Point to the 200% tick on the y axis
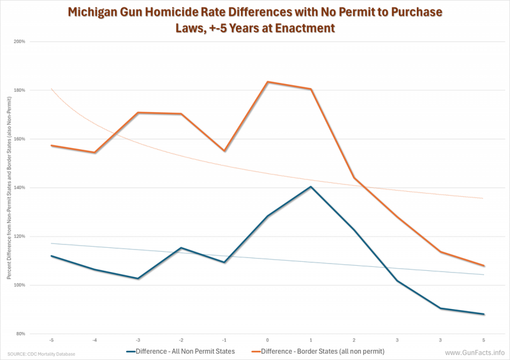pyautogui.click(x=19, y=41)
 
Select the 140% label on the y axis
pyautogui.click(x=19, y=187)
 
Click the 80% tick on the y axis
pyautogui.click(x=20, y=334)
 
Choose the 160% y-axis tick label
pyautogui.click(x=19, y=139)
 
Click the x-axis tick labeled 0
pyautogui.click(x=267, y=340)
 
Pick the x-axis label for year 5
pyautogui.click(x=484, y=340)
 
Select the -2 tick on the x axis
pyautogui.click(x=181, y=340)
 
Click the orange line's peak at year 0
pyautogui.click(x=268, y=82)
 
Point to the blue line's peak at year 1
pyautogui.click(x=310, y=187)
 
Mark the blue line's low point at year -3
pyautogui.click(x=138, y=278)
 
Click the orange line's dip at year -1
pyautogui.click(x=224, y=151)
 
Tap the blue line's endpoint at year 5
pyautogui.click(x=484, y=314)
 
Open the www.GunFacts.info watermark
pyautogui.click(x=474, y=352)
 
